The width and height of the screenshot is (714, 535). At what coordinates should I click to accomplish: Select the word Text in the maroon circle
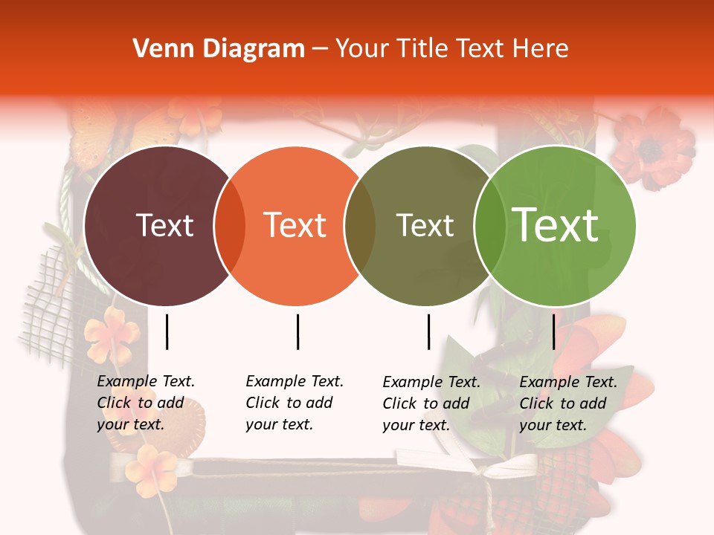(164, 225)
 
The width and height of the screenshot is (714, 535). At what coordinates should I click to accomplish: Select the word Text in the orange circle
(295, 225)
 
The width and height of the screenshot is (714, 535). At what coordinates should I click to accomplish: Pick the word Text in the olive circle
(425, 225)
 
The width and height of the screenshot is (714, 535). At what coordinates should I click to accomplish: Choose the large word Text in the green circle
(556, 225)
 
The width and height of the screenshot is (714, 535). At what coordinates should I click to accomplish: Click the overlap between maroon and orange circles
(230, 226)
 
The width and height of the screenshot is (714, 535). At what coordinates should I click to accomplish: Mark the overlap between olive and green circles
(490, 226)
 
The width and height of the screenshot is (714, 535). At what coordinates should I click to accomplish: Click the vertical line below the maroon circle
(167, 331)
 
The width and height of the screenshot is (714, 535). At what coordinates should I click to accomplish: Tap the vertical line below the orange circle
(297, 331)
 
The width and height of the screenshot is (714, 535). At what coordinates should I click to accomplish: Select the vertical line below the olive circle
(428, 331)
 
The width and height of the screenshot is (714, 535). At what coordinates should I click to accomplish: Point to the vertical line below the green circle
(553, 331)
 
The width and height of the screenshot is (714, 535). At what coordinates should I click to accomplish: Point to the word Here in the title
(540, 49)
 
